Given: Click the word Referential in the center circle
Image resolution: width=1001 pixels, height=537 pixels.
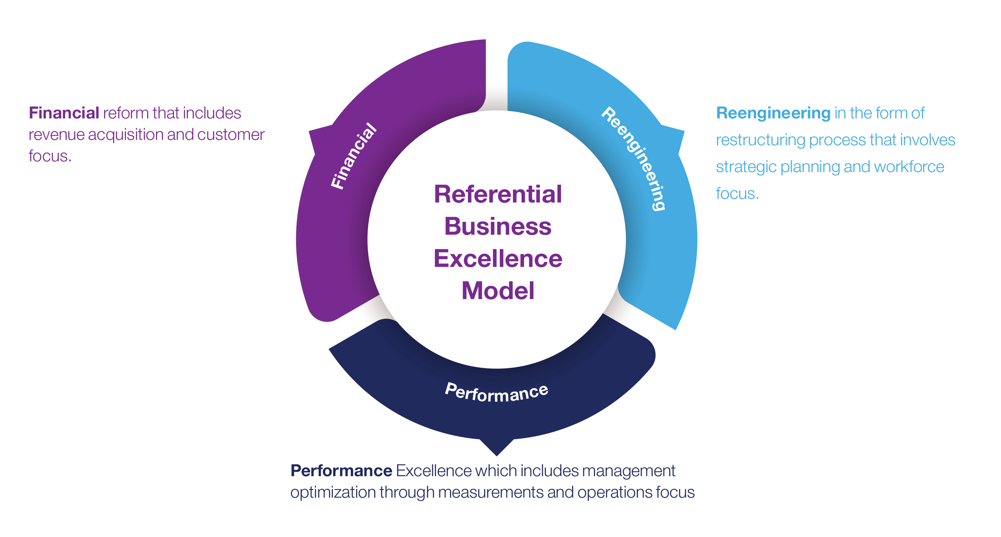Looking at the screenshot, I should point(498,194).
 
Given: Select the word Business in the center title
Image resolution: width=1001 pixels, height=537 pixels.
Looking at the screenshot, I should point(498,226).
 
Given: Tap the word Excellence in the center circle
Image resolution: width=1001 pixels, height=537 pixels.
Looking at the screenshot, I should point(498,259).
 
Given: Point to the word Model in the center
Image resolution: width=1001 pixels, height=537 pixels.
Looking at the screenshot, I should point(498,291).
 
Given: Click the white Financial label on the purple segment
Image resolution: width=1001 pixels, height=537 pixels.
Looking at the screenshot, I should point(354,156).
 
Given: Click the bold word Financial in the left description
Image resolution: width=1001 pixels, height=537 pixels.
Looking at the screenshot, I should point(64,113).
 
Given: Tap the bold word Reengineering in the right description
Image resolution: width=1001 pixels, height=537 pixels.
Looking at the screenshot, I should point(773,113).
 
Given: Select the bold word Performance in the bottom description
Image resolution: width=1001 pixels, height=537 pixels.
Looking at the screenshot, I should point(341,470).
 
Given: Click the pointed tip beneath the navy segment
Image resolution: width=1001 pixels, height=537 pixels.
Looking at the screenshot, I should point(497,452).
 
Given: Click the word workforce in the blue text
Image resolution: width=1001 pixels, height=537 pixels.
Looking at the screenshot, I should point(909,167).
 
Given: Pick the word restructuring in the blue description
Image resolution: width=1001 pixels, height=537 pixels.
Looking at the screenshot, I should point(760,140).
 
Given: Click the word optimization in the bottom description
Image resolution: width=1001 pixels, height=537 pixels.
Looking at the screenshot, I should point(333,492).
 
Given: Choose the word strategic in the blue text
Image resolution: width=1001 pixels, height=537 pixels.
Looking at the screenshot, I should point(746,167).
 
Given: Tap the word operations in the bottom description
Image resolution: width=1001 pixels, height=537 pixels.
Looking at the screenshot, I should point(614,492).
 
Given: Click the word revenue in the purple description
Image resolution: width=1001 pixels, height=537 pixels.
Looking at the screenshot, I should point(56,135).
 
